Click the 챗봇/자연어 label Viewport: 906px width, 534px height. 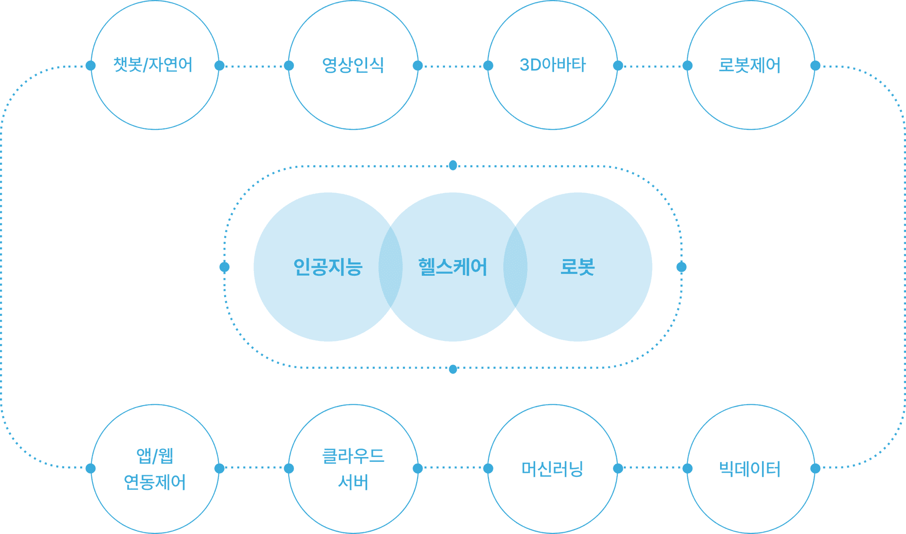(153, 65)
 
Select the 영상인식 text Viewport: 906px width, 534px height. (353, 65)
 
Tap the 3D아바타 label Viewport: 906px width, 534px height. (553, 65)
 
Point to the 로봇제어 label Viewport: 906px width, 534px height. (749, 65)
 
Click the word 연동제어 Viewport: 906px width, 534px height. (155, 482)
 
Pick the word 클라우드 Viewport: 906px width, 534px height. (353, 456)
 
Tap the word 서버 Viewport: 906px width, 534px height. (353, 482)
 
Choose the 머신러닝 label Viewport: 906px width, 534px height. (553, 469)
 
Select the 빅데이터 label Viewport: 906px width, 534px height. (749, 469)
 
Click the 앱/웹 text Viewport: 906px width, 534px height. (155, 456)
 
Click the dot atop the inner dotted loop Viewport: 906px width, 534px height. (453, 165)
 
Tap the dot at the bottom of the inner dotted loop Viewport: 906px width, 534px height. (453, 369)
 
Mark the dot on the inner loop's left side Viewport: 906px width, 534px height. (225, 267)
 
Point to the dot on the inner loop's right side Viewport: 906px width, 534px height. (681, 267)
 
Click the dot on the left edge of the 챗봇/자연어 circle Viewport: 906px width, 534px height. (91, 66)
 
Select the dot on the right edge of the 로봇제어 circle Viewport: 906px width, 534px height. (815, 66)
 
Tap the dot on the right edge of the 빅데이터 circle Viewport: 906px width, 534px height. (815, 468)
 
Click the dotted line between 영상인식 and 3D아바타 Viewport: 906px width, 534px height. (453, 67)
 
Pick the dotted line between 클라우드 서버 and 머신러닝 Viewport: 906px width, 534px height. (453, 468)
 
